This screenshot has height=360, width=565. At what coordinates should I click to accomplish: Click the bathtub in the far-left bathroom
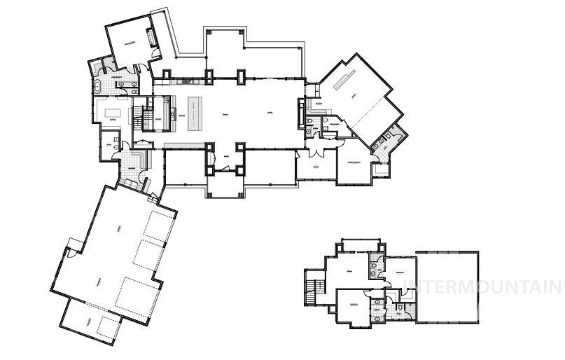97,88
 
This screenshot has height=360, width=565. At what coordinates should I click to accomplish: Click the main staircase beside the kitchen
148,116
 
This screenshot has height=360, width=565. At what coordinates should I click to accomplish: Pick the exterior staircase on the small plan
311,289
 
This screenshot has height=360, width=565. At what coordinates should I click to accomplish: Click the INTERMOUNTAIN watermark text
483,286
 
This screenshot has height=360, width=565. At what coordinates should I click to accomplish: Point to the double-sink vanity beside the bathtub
127,86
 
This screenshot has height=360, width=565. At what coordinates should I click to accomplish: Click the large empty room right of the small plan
447,286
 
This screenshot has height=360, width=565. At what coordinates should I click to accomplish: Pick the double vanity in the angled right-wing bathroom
382,141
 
